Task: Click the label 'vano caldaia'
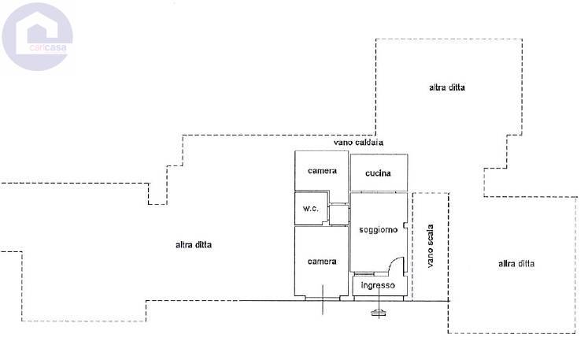click(x=358, y=143)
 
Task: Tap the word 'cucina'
click(x=378, y=173)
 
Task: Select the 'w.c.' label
click(x=311, y=208)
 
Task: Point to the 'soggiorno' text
click(x=378, y=229)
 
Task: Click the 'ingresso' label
click(x=378, y=285)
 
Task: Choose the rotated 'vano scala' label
click(x=431, y=246)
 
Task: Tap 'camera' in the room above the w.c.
click(x=322, y=171)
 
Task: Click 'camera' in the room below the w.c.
click(x=322, y=262)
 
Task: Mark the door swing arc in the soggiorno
click(x=393, y=261)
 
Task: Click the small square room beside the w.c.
click(x=338, y=214)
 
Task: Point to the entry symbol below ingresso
click(x=379, y=312)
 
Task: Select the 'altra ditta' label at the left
click(x=194, y=245)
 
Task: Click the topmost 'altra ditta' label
click(x=447, y=87)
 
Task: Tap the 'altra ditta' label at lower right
click(x=516, y=264)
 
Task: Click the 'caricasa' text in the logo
click(x=48, y=48)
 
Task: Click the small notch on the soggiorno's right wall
click(x=405, y=225)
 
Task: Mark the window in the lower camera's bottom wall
click(x=323, y=299)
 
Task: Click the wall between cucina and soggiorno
click(x=379, y=192)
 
